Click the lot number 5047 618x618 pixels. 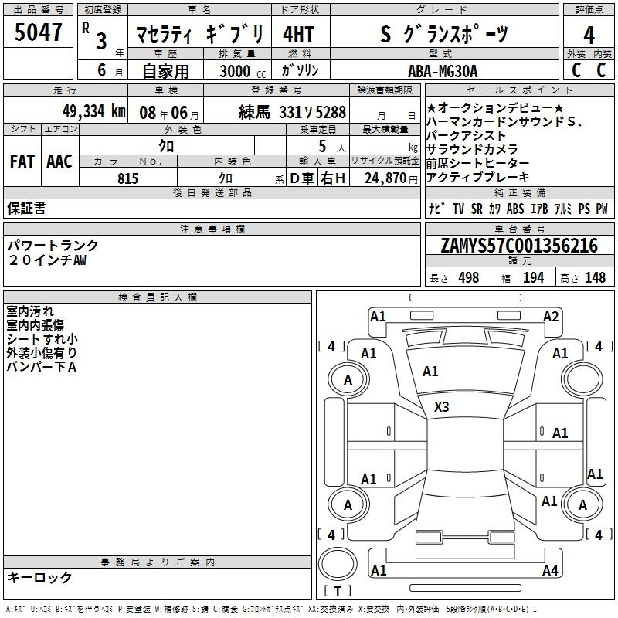point(38,32)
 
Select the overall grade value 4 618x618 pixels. point(589,36)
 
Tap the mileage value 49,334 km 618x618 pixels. point(93,111)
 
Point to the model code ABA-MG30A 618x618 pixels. point(443,71)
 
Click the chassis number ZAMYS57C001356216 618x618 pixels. point(519,246)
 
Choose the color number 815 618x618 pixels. point(127,178)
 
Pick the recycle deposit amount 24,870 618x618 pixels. point(385,178)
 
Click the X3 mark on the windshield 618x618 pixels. point(441,406)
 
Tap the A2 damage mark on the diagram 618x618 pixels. point(551,317)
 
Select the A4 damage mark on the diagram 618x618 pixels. point(550,570)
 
